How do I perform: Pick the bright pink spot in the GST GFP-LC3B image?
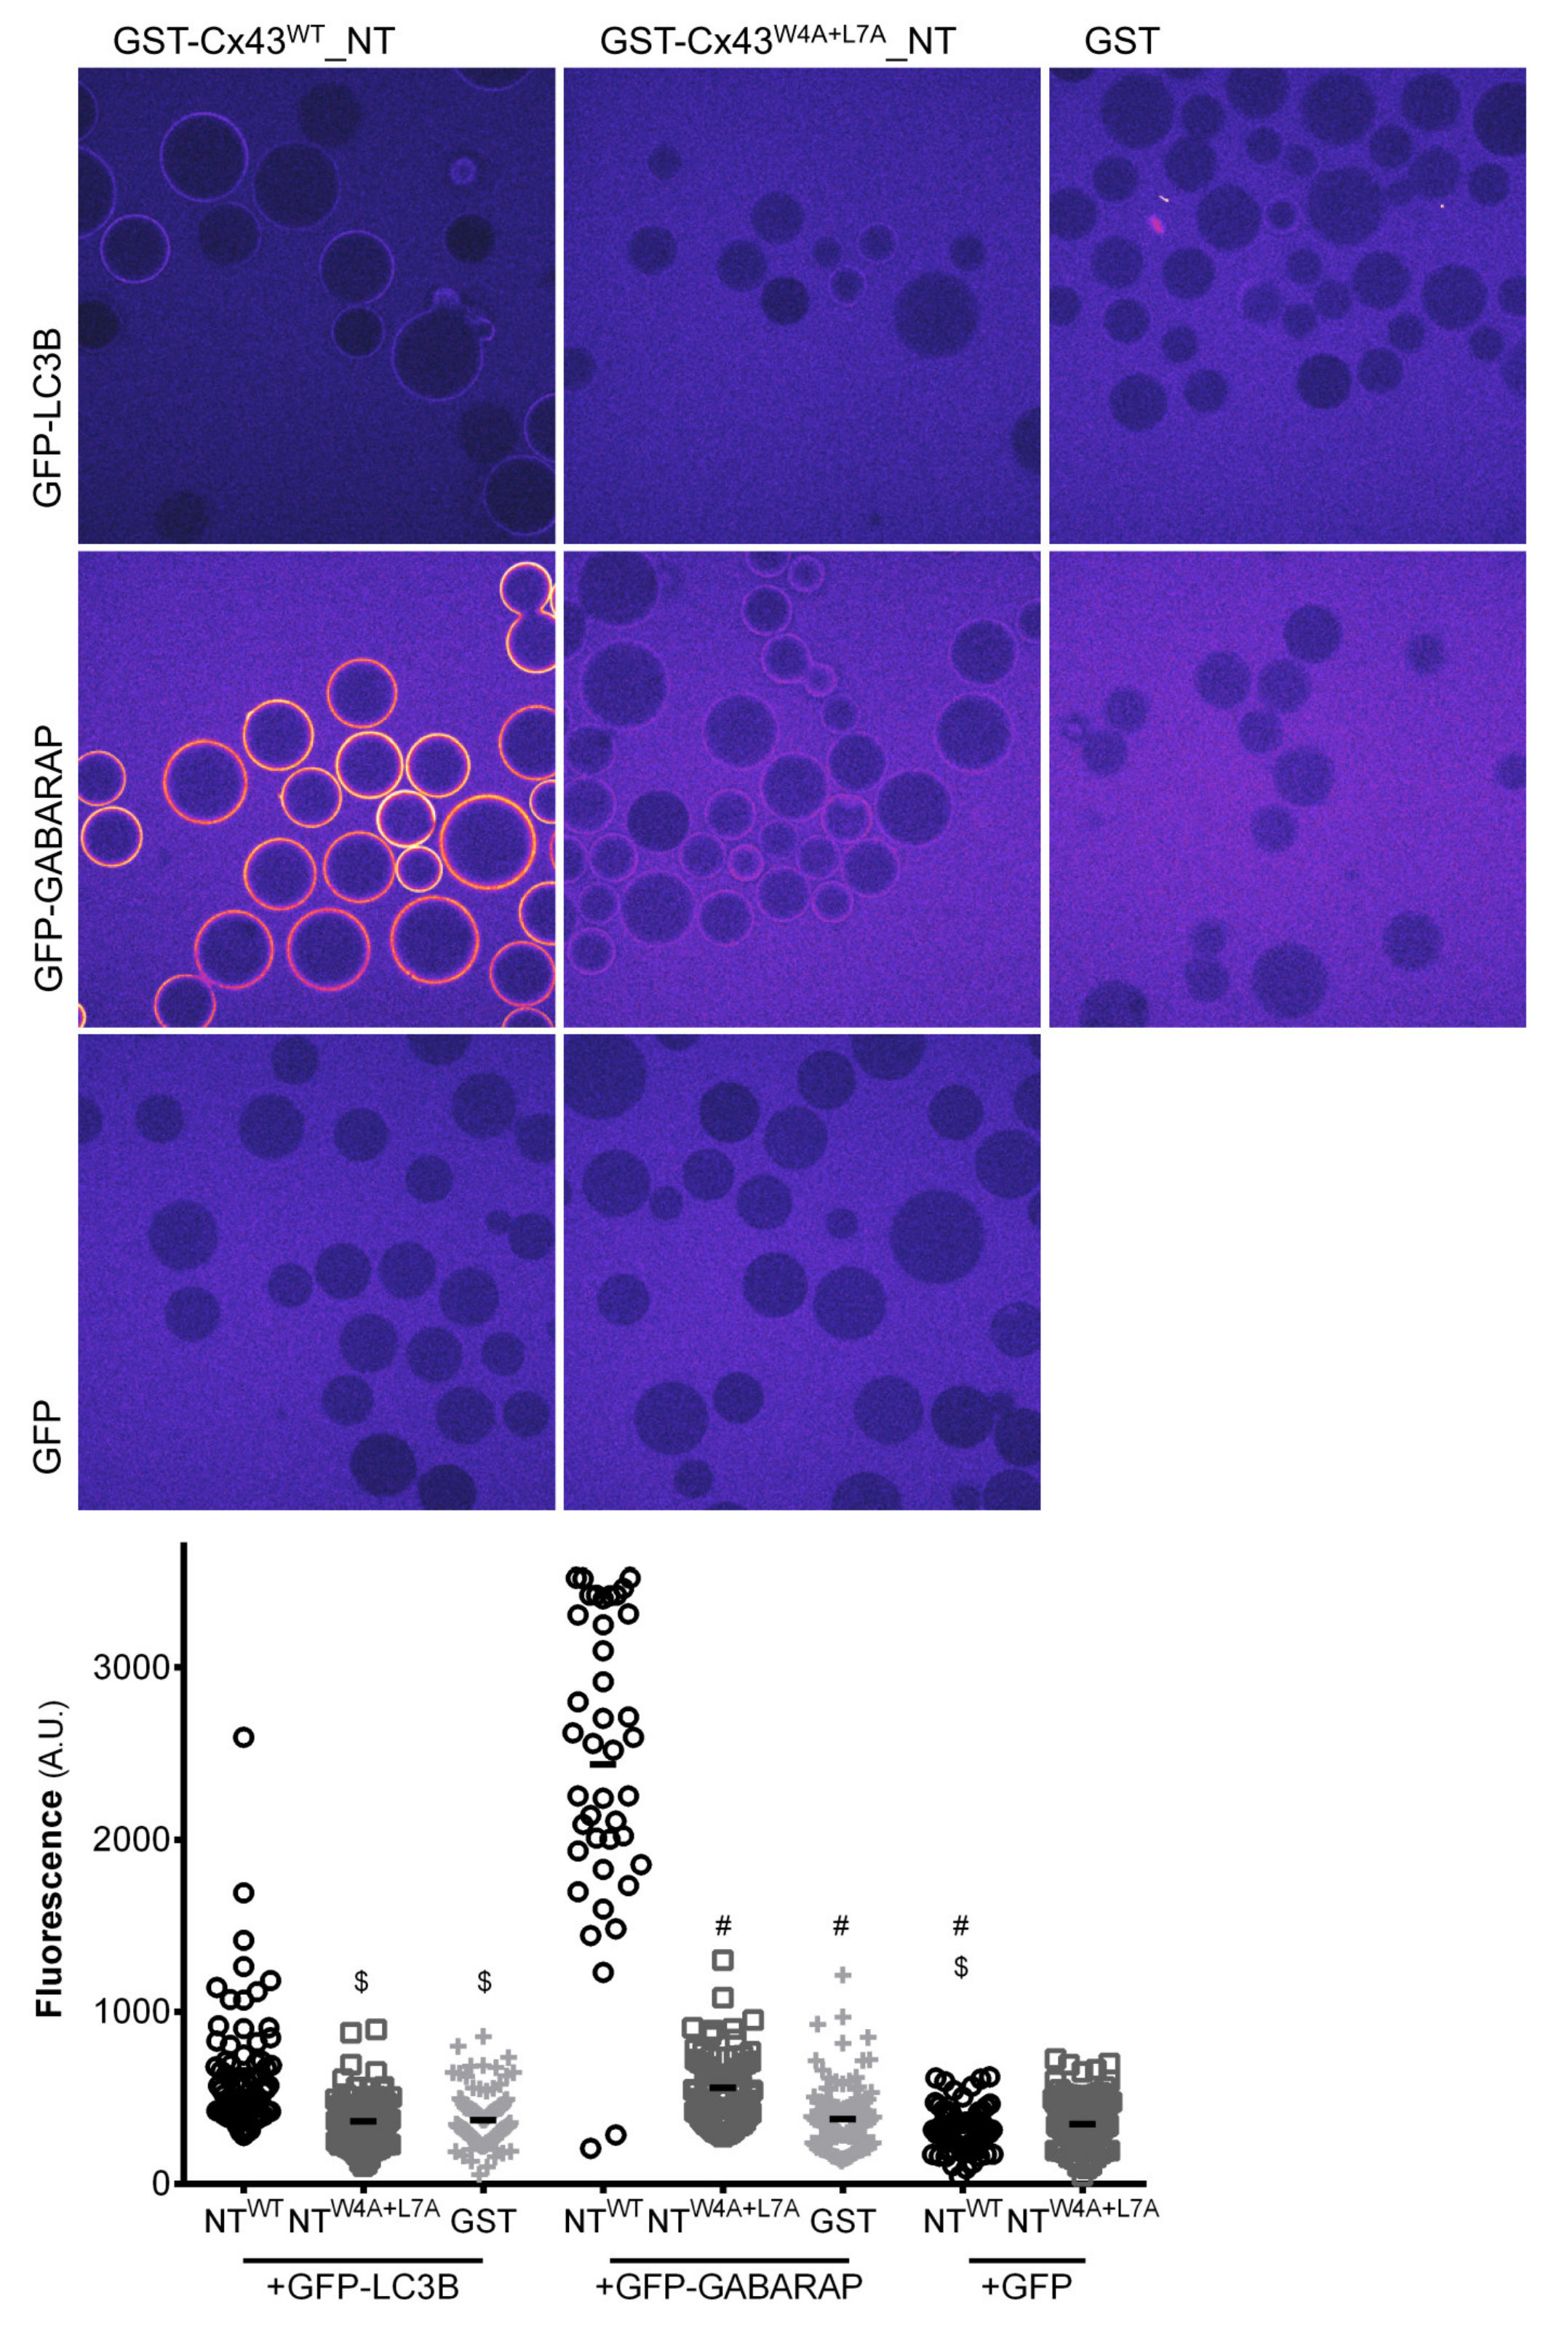1155,224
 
